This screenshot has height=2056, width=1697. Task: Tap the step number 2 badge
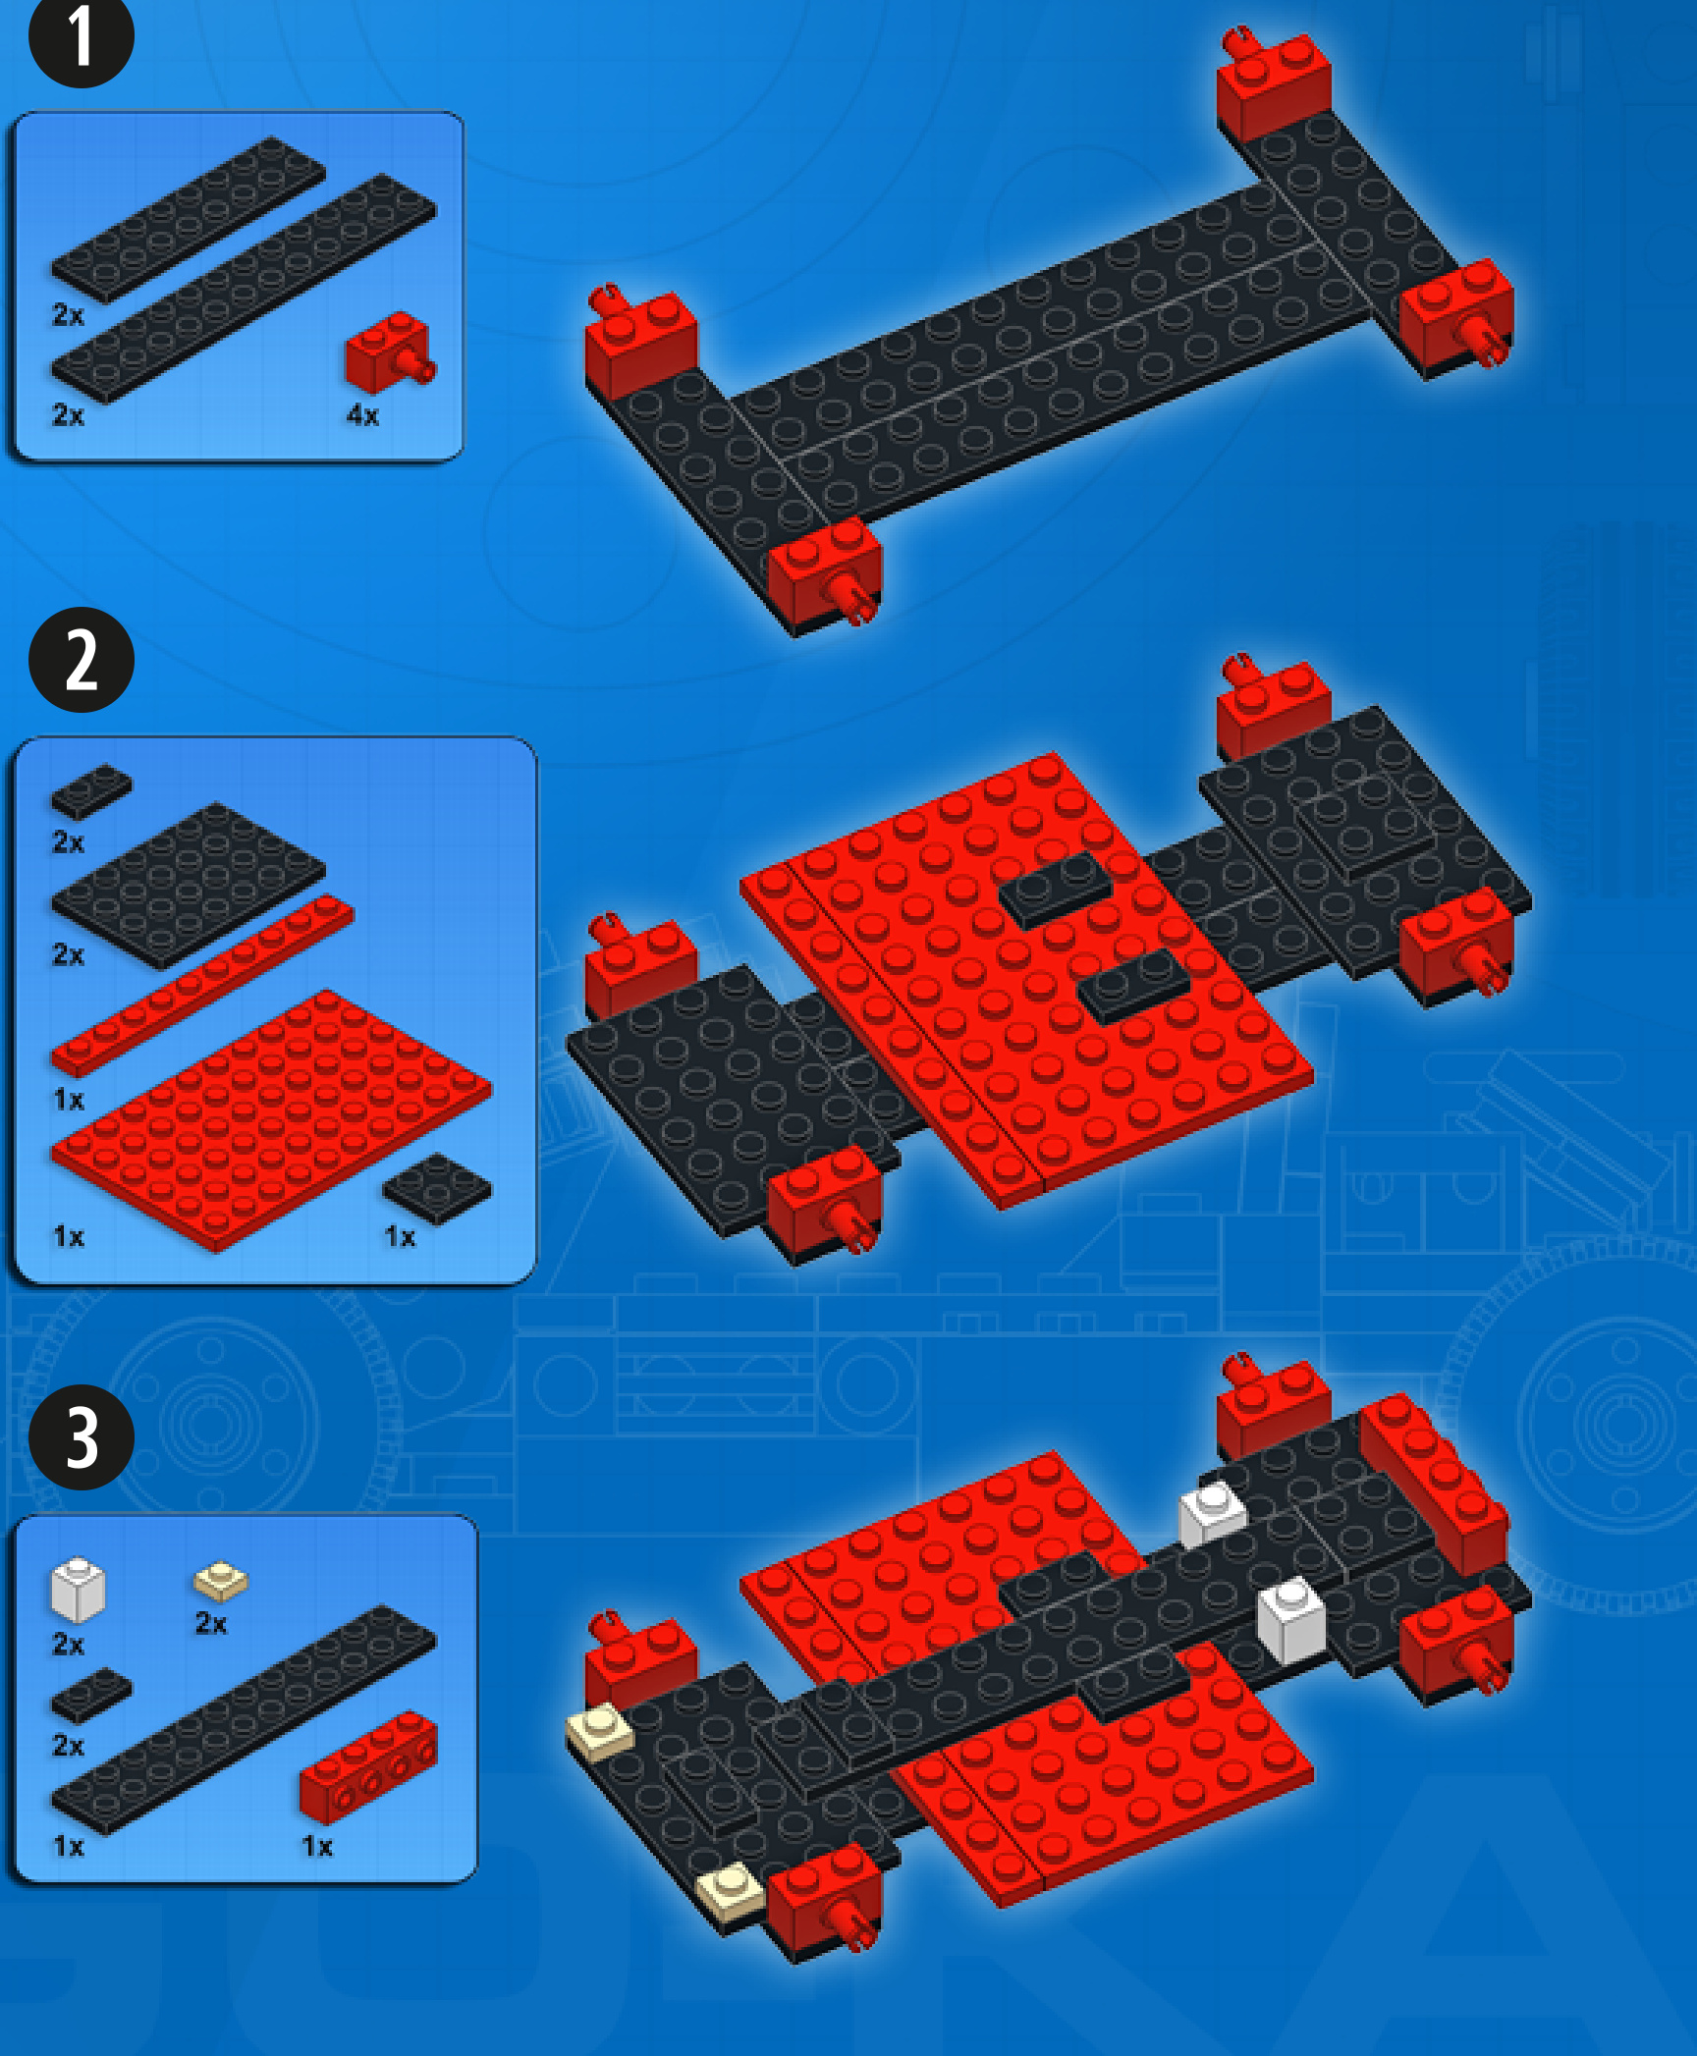coord(81,660)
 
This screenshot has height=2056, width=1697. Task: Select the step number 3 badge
coord(81,1437)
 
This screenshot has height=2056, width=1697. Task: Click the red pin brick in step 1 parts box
coord(390,352)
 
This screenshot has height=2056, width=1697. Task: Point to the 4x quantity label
coord(362,415)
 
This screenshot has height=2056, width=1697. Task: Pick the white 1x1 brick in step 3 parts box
coord(78,1590)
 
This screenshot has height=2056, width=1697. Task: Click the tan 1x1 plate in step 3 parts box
coord(221,1581)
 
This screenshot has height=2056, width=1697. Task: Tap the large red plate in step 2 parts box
coord(271,1121)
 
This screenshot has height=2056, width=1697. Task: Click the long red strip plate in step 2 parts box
coord(202,986)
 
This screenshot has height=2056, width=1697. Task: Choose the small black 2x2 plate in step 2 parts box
coord(437,1188)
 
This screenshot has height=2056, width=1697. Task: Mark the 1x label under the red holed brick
coord(316,1847)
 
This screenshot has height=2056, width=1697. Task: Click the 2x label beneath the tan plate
coord(210,1623)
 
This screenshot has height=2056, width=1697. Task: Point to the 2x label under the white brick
coord(68,1645)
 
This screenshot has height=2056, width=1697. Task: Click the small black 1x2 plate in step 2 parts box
coord(91,791)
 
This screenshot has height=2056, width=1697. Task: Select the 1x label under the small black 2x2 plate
coord(400,1237)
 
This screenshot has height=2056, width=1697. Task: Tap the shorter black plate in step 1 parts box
coord(188,220)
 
